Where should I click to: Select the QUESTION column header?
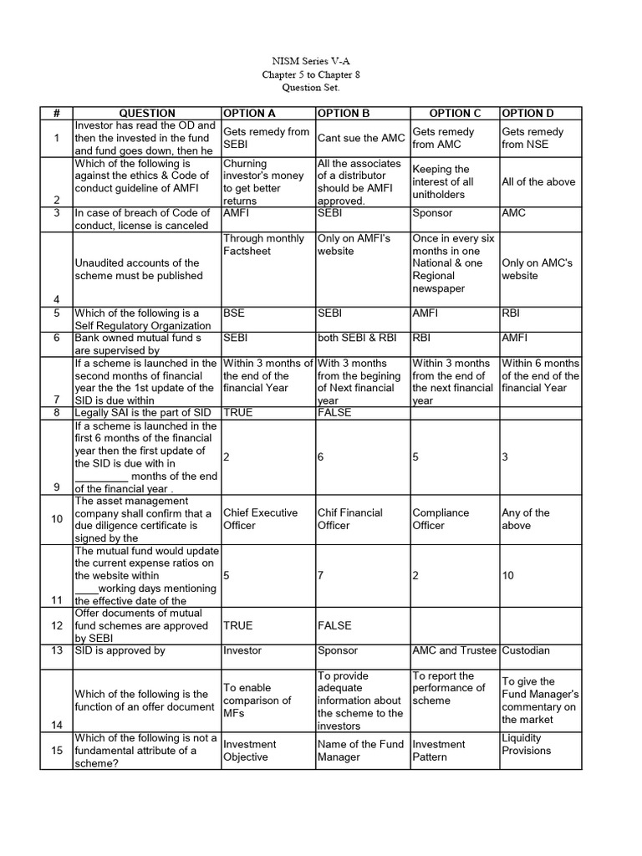point(147,113)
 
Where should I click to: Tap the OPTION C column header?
point(455,113)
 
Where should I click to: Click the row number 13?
point(57,650)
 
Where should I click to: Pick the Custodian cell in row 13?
point(526,650)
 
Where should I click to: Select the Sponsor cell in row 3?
point(431,213)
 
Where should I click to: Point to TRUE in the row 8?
point(237,412)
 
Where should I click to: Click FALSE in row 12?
point(334,625)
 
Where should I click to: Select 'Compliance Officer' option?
point(441,519)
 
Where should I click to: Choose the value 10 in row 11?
point(508,575)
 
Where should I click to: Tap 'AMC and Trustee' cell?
point(454,650)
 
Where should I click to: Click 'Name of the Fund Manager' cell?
point(360,750)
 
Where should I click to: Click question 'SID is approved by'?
point(120,650)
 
